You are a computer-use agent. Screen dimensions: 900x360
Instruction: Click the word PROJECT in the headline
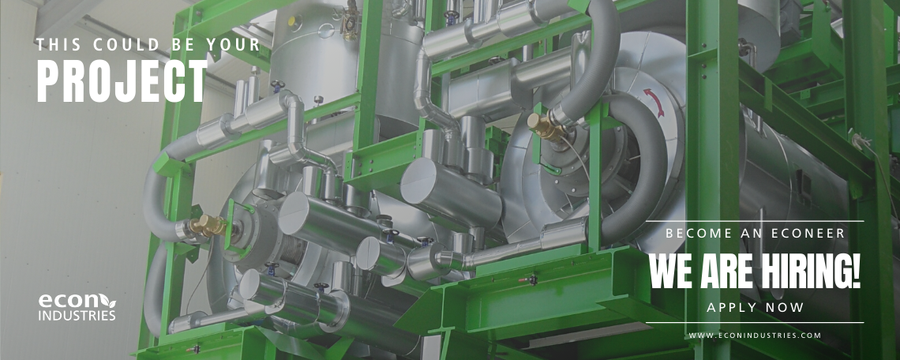pos(121,81)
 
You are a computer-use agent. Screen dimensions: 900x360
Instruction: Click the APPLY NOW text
pos(755,308)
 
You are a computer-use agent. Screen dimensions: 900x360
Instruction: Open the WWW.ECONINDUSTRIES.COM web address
pos(755,336)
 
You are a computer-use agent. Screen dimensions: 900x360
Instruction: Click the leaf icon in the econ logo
pos(108,301)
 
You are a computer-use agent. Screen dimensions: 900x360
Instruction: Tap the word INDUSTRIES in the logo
pos(77,316)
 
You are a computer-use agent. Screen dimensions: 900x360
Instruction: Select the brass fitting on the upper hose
pos(544,127)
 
